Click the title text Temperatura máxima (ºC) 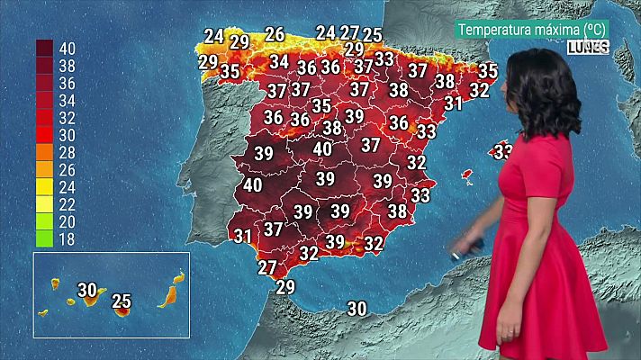pos(532,29)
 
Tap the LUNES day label pos(589,47)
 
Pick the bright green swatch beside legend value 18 pos(43,238)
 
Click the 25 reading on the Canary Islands pos(122,301)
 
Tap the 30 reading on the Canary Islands pos(87,290)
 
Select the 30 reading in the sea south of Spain pos(357,309)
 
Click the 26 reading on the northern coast pos(275,35)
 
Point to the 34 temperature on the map pos(279,62)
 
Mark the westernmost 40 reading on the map pos(253,185)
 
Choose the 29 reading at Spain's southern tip pos(285,287)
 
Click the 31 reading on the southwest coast pos(242,237)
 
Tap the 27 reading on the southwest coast pos(267,267)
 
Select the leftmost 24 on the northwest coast pos(213,37)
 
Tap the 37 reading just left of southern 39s pos(274,229)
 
